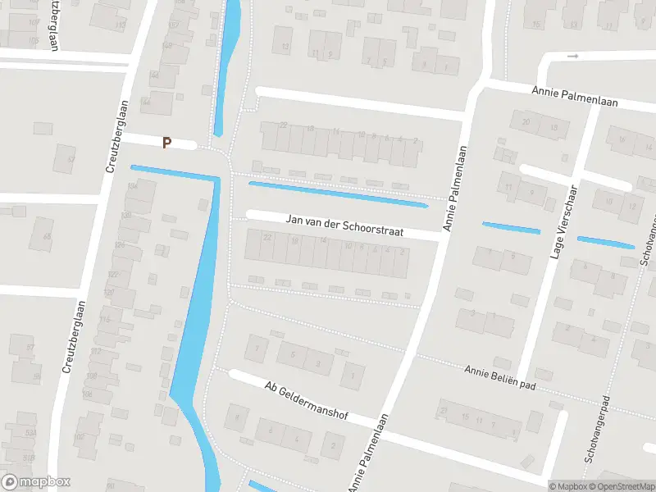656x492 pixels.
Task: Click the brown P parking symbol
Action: coord(167,143)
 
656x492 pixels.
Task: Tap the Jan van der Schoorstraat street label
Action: coord(345,226)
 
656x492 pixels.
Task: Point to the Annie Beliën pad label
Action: coord(499,377)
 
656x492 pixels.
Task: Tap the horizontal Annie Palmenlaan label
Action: coord(574,98)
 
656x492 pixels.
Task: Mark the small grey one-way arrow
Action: coord(572,56)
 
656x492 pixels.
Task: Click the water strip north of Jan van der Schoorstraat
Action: coord(338,194)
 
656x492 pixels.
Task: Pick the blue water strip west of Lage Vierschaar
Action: coord(511,228)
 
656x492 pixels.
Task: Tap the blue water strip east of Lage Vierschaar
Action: coord(605,242)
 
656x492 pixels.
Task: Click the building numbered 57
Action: coord(30,348)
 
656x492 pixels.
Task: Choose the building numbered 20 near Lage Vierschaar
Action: coord(526,122)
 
